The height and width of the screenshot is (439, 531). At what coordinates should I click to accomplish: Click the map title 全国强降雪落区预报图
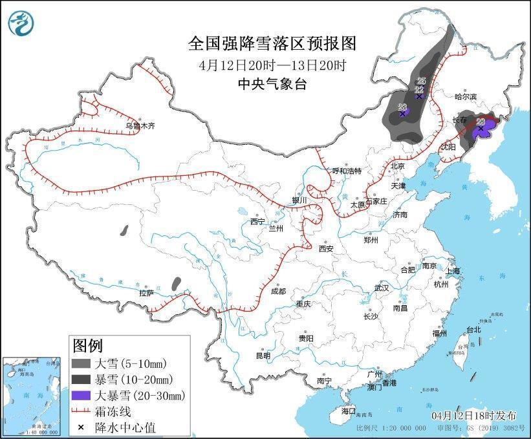[272, 44]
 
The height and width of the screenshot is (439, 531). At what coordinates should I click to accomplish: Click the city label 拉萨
[146, 292]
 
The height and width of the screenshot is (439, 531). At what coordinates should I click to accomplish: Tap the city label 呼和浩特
[347, 171]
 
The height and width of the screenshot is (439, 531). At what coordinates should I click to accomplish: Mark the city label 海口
[349, 411]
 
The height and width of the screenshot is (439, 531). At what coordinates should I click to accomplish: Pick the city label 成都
[278, 291]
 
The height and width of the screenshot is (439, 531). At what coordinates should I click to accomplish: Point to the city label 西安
[325, 248]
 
